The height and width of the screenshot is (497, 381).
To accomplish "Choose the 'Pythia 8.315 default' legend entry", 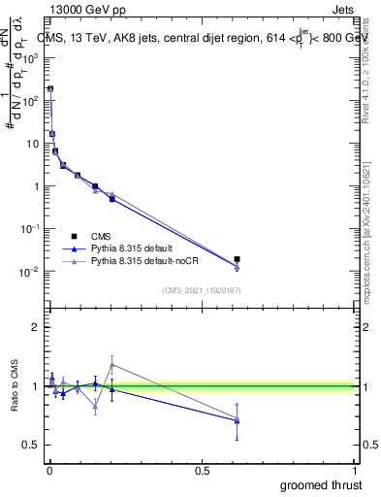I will pos(140,248).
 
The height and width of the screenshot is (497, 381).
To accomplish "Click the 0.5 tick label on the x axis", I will pos(202,470).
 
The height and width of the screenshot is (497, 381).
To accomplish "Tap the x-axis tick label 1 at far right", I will pos(354,470).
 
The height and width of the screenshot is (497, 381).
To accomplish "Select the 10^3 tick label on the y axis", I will pos(29,58).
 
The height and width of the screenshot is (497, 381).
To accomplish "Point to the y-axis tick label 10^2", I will pos(29,101).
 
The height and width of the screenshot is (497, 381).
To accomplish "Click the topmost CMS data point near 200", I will pos(50,88).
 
